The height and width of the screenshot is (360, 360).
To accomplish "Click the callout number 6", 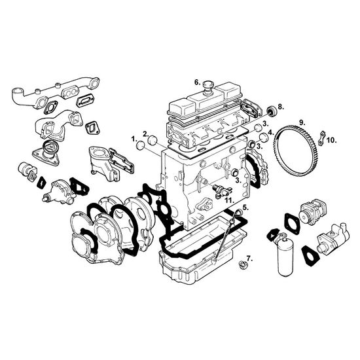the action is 198,82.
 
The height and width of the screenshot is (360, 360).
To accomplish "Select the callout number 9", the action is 302,122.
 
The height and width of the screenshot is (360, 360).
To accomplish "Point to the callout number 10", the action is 332,140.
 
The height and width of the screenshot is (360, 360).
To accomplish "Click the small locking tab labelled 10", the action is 322,138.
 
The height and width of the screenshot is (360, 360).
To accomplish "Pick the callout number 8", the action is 281,107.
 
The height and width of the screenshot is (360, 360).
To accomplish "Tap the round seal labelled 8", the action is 272,111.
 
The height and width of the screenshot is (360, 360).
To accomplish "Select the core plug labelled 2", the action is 153,140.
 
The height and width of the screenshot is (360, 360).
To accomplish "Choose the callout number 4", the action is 271,132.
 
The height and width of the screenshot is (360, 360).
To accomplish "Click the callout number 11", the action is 230,200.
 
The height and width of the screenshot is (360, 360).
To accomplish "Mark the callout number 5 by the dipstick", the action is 245,207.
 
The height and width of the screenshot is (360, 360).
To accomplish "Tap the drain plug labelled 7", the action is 242,265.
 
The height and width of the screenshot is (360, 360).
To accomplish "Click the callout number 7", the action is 249,259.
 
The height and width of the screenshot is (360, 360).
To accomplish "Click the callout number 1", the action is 134,139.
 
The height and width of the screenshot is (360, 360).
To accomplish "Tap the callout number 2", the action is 146,134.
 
